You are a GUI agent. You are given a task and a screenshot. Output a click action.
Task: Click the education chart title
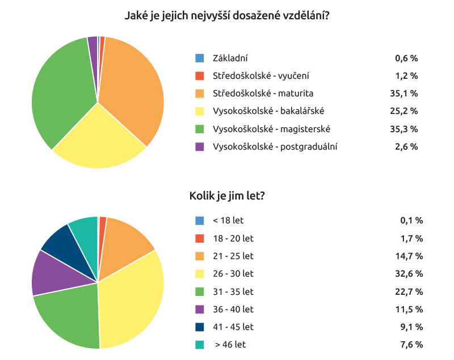click(227, 15)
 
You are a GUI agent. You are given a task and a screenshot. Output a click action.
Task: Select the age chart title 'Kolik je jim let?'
click(227, 196)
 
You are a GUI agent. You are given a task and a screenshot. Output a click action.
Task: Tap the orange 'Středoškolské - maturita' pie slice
click(133, 85)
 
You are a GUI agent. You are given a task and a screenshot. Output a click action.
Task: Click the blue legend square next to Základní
click(199, 58)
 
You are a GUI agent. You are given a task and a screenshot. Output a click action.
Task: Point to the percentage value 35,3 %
click(406, 129)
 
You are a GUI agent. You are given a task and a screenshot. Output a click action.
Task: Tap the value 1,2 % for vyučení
click(406, 75)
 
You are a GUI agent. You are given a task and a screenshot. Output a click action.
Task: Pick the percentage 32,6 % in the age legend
click(411, 274)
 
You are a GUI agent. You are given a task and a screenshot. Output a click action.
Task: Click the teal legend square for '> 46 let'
click(199, 344)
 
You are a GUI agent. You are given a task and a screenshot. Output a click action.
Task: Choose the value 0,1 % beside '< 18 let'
click(411, 221)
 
